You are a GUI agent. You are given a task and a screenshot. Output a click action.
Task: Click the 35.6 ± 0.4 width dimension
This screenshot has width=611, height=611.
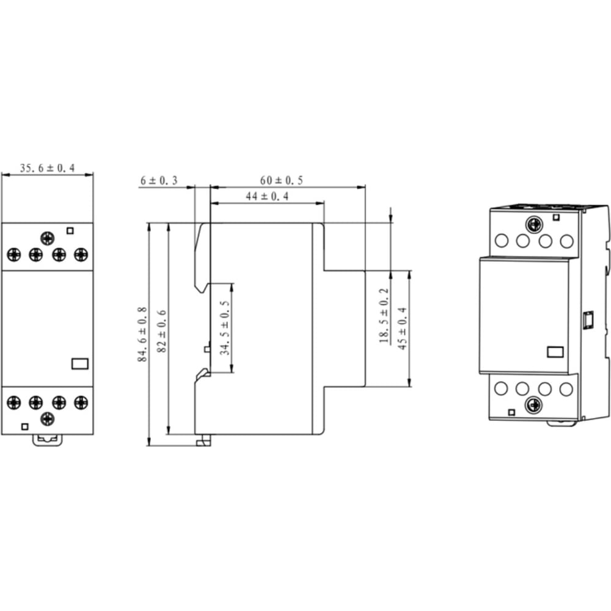[x=47, y=169]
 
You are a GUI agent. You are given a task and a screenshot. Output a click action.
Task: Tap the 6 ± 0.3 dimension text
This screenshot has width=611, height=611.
[x=159, y=180]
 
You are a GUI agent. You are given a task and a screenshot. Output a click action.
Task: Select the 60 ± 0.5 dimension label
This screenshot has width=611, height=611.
[x=281, y=180]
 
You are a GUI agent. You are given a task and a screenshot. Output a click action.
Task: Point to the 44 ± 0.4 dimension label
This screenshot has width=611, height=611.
[x=268, y=196]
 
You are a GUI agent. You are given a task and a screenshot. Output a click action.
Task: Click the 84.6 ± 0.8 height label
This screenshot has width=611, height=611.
[x=142, y=334]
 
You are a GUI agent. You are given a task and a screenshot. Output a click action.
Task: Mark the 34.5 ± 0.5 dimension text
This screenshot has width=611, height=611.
[x=225, y=327]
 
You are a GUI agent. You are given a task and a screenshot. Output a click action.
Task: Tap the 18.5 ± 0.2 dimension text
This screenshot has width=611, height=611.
[x=384, y=316]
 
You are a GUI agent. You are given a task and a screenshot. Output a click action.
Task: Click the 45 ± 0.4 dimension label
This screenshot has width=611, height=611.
[x=403, y=328]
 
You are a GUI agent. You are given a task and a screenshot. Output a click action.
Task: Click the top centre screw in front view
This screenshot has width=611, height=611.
[x=48, y=238]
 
